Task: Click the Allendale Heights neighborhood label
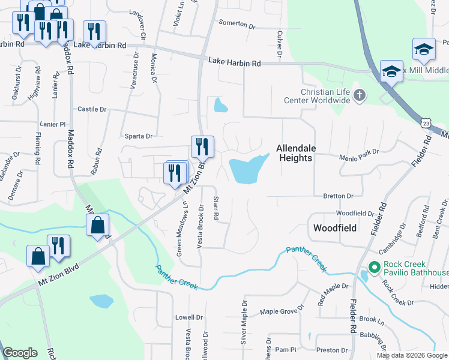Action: point(294,153)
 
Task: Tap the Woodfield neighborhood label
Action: point(335,228)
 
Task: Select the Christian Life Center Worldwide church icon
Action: point(360,95)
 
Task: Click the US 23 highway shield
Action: point(425,122)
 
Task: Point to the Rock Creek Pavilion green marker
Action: point(373,267)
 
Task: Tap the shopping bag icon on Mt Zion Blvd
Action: point(97,226)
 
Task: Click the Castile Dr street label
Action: point(92,109)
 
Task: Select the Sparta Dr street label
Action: point(139,136)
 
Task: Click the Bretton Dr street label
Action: point(339,196)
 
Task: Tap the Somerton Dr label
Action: point(237,24)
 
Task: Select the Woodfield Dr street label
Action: point(355,213)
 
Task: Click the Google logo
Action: point(20,353)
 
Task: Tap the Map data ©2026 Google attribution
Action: point(411,355)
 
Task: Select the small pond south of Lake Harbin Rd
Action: point(220,106)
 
